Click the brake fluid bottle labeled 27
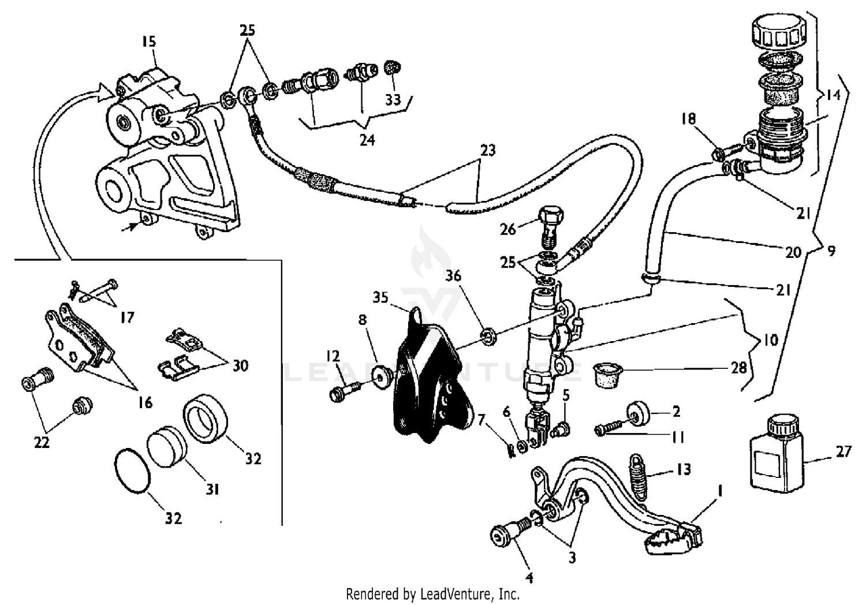tap(777, 453)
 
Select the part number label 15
tap(148, 42)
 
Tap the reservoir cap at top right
tap(778, 32)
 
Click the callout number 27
tap(843, 451)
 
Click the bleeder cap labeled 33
tap(393, 68)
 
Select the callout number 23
tap(488, 150)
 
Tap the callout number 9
tap(831, 252)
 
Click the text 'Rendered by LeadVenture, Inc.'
tap(432, 593)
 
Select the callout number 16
tap(145, 402)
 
